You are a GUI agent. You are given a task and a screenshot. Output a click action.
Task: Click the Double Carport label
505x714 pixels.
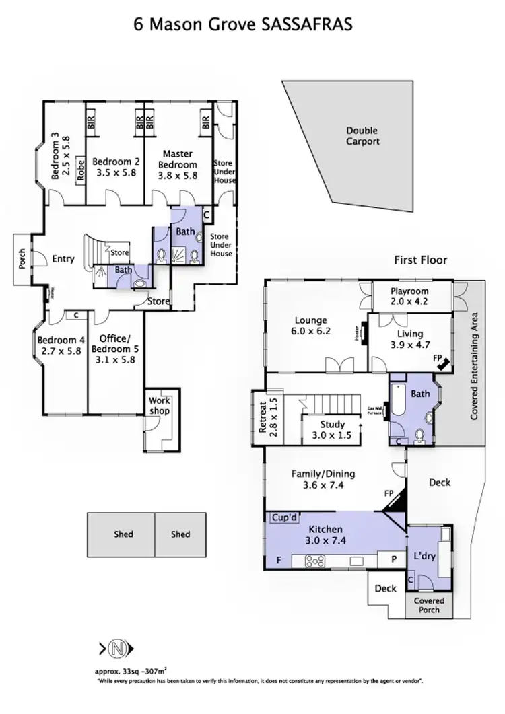pos(362,136)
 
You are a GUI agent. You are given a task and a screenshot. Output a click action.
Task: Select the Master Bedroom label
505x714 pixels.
pos(178,159)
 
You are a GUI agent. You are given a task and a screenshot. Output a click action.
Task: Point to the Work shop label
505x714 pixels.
pos(160,406)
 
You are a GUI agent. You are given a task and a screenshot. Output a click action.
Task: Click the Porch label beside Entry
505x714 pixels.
pos(22,259)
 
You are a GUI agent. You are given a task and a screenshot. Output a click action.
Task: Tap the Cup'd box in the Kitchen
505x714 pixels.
pos(285,517)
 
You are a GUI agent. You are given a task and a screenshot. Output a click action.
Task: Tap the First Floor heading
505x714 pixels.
pos(421,260)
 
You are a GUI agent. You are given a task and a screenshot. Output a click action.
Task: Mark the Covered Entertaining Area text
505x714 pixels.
pos(474,366)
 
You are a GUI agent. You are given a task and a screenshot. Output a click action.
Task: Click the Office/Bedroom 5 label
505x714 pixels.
pos(118,349)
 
